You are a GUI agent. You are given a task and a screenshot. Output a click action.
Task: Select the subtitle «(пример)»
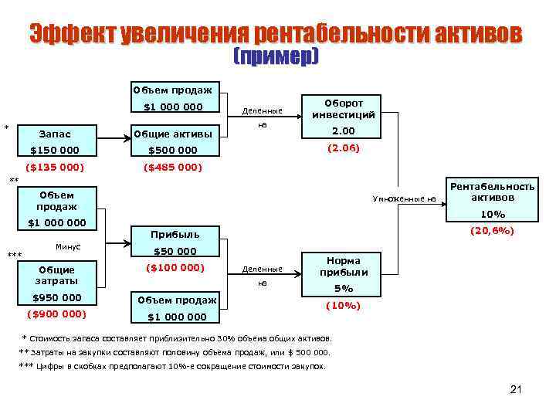(x=275, y=58)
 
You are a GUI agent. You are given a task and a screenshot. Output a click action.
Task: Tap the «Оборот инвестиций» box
(x=343, y=108)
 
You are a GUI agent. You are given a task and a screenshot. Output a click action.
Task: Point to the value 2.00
(x=343, y=131)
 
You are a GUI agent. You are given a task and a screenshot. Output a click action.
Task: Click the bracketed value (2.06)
(x=343, y=147)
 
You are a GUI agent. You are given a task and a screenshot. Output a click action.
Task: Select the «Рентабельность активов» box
(x=492, y=192)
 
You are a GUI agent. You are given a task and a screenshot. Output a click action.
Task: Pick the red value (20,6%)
(x=493, y=230)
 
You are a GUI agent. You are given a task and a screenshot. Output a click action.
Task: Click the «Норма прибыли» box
(x=343, y=266)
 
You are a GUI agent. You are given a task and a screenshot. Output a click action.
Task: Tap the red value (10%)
(x=343, y=305)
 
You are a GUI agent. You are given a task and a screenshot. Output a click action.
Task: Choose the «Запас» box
(x=54, y=134)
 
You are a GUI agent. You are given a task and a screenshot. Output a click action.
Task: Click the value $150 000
(x=54, y=151)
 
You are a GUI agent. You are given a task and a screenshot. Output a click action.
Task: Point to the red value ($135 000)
(x=54, y=167)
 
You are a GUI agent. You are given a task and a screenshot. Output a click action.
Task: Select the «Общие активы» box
(x=172, y=134)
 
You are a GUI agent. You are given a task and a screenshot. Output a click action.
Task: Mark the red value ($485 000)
(x=172, y=167)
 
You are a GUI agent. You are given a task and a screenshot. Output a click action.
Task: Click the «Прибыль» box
(x=175, y=234)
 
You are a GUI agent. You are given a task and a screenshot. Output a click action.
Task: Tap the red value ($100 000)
(x=175, y=268)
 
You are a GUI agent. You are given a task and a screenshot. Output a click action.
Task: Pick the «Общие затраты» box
(x=58, y=275)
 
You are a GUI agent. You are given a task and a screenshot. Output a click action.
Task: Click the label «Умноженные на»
(x=404, y=199)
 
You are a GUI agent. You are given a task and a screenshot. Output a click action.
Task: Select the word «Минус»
(x=69, y=247)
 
